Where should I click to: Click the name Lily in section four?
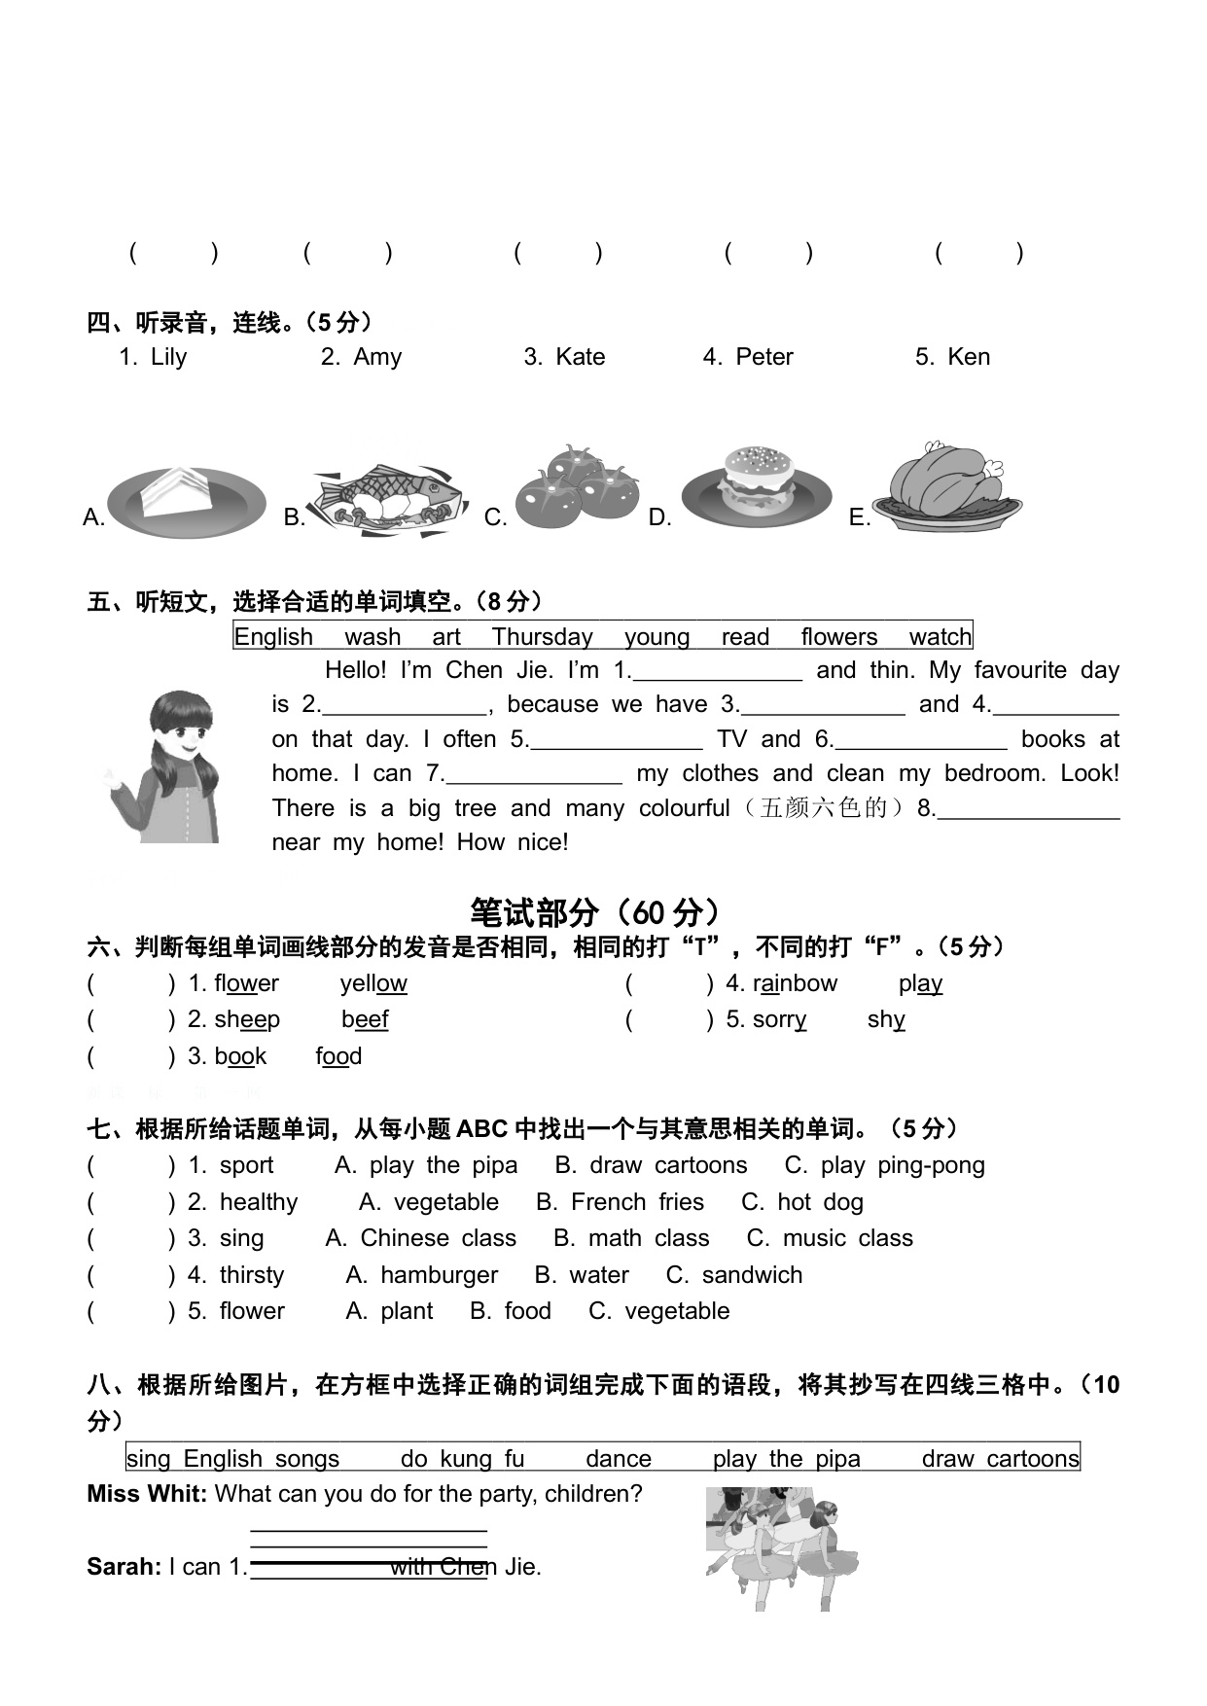click(x=168, y=357)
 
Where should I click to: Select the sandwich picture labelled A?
click(x=185, y=501)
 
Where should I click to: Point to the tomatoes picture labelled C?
click(x=575, y=486)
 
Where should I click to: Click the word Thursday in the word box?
click(x=542, y=637)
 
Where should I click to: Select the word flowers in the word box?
click(x=838, y=637)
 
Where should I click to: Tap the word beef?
click(x=365, y=1019)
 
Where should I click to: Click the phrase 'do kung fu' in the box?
click(x=462, y=1459)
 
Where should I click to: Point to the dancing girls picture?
click(x=782, y=1546)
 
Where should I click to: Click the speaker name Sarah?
click(x=122, y=1567)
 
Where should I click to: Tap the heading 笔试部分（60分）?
click(x=596, y=912)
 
